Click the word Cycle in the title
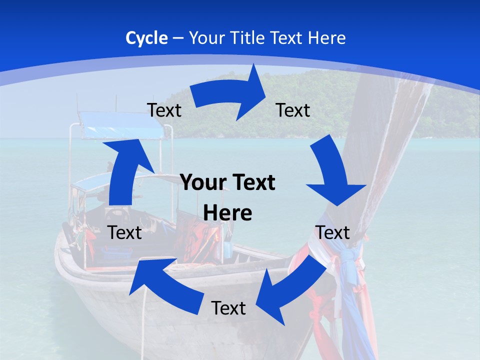(146, 38)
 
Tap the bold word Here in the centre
(227, 213)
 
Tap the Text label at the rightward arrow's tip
(293, 110)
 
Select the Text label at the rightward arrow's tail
(164, 110)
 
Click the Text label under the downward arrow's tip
(332, 232)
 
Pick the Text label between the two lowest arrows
(228, 308)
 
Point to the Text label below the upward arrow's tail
(124, 232)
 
